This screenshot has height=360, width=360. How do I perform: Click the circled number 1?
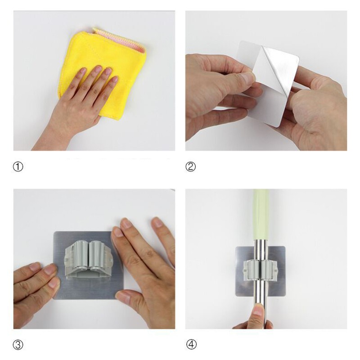click(18, 166)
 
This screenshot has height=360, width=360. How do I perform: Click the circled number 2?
click(190, 166)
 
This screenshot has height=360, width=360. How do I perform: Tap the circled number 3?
click(18, 345)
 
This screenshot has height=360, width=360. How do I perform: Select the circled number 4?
click(190, 345)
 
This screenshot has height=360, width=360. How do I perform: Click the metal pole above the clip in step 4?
click(262, 250)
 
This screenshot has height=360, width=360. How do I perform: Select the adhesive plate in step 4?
click(261, 271)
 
